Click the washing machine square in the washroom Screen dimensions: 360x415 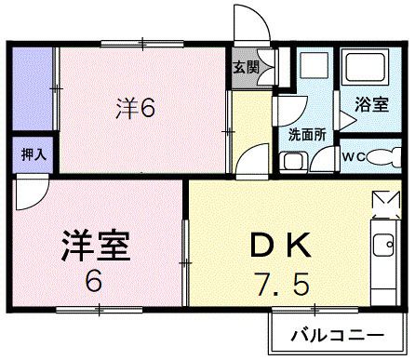click(314, 68)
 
